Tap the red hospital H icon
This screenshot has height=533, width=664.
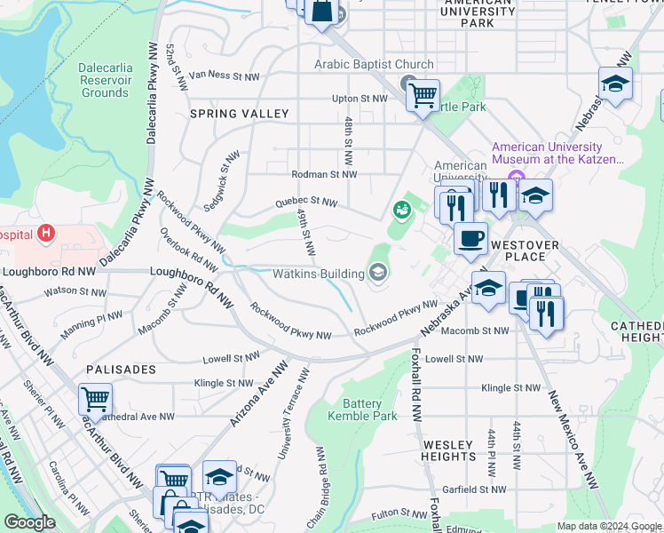(46, 235)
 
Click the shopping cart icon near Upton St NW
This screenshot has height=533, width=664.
(423, 93)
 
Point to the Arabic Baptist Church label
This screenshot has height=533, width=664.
(374, 65)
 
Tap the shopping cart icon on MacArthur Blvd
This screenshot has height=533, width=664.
(95, 399)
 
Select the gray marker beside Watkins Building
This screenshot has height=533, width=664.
(378, 272)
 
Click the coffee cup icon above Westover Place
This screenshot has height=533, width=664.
(470, 237)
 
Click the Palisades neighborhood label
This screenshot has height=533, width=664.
(121, 369)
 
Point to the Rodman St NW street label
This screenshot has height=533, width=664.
(324, 174)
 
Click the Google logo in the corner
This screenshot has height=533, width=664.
(29, 522)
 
